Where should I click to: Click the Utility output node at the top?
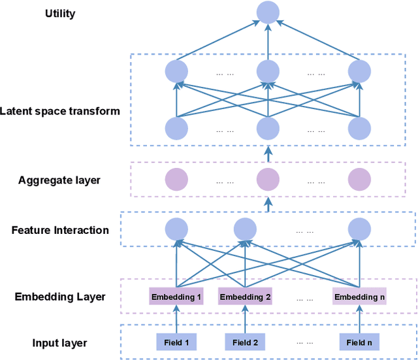pos(268,12)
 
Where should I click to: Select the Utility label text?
pos(60,14)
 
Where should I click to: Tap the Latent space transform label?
pos(60,111)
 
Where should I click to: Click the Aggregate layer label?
pos(59,180)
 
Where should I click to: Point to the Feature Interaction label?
pos(60,230)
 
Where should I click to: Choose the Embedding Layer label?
pos(60,297)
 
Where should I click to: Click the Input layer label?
pos(60,342)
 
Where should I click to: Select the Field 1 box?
pos(176,342)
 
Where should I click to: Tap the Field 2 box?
pos(245,342)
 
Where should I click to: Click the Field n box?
pos(359,342)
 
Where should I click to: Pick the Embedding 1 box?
pos(176,297)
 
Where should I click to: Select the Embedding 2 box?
pos(245,297)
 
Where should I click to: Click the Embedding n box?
pos(359,297)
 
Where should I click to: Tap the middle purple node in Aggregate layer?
pos(268,178)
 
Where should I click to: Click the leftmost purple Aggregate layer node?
pos(176,178)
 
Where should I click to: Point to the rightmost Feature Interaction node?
pos(359,229)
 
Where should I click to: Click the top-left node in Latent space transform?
pos(176,71)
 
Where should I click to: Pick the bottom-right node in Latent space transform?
pos(359,128)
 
